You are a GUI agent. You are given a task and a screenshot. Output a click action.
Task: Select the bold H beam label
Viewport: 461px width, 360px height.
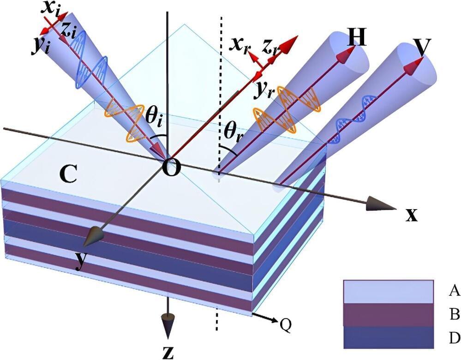(356, 37)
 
